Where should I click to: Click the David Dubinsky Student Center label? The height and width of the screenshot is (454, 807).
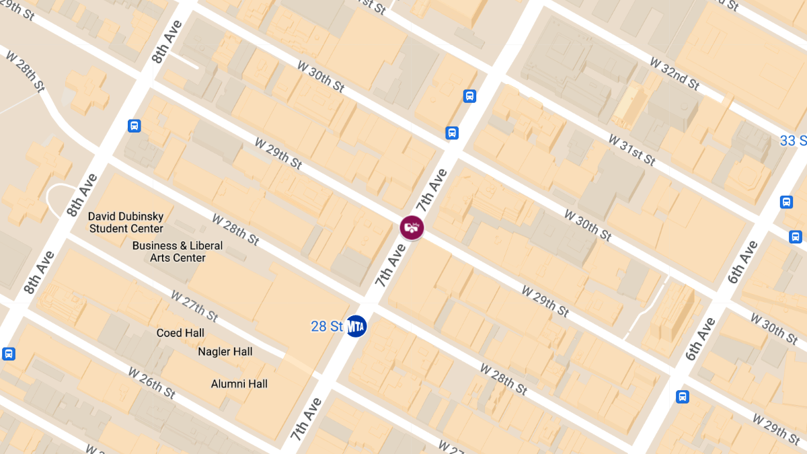coord(126,223)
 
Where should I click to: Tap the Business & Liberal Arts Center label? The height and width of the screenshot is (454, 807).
coord(178,252)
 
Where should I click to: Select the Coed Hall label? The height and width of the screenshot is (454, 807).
coord(180,333)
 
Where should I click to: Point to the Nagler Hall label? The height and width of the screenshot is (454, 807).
coord(225,352)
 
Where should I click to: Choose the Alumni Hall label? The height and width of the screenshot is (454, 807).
coord(239,384)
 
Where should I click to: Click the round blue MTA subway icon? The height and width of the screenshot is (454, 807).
coord(356,326)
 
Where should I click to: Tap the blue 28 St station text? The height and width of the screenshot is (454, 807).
coord(328,327)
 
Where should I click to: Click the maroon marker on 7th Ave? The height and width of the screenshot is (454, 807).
coord(412,227)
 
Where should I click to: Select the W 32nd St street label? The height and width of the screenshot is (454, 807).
coord(675,73)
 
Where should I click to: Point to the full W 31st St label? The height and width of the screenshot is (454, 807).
coord(631,149)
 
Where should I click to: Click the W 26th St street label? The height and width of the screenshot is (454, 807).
coord(152,382)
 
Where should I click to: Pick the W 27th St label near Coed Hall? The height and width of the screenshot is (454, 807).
coord(194,305)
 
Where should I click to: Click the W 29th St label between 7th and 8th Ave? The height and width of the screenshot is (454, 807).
coord(278,153)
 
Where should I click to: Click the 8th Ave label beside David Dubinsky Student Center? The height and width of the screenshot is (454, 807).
coord(82,195)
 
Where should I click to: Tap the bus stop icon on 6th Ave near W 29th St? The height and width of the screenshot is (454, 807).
coord(683,397)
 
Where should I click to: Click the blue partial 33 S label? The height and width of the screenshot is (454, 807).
coord(793,141)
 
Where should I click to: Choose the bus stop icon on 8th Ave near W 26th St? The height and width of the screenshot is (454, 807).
coord(9,354)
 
